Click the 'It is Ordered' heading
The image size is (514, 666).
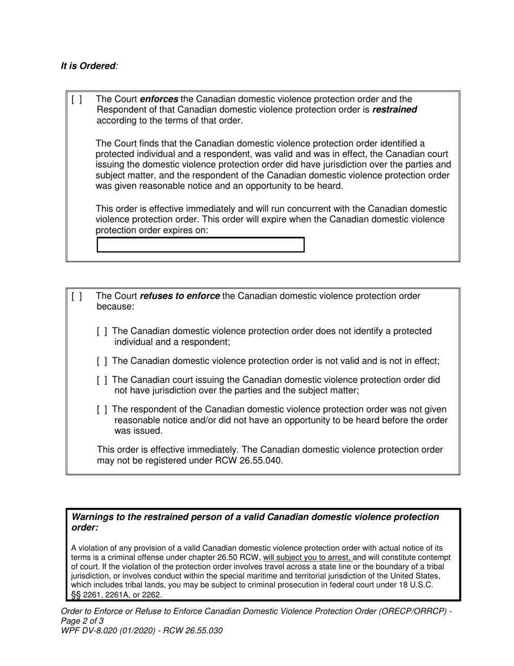[x=88, y=66]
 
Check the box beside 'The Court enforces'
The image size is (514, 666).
[x=77, y=99]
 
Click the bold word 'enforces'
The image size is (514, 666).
[x=159, y=99]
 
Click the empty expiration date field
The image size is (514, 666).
[x=200, y=245]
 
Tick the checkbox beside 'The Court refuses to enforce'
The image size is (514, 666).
[x=77, y=296]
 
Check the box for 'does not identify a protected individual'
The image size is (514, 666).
[x=102, y=331]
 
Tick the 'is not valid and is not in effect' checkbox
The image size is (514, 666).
[x=102, y=361]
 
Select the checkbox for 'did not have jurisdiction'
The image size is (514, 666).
[x=102, y=381]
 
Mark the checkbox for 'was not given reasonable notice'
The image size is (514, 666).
[x=102, y=410]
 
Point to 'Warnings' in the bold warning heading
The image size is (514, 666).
[x=95, y=517]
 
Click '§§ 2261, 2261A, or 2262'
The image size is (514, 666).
[x=116, y=595]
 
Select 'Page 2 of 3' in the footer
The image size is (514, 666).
[x=82, y=621]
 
